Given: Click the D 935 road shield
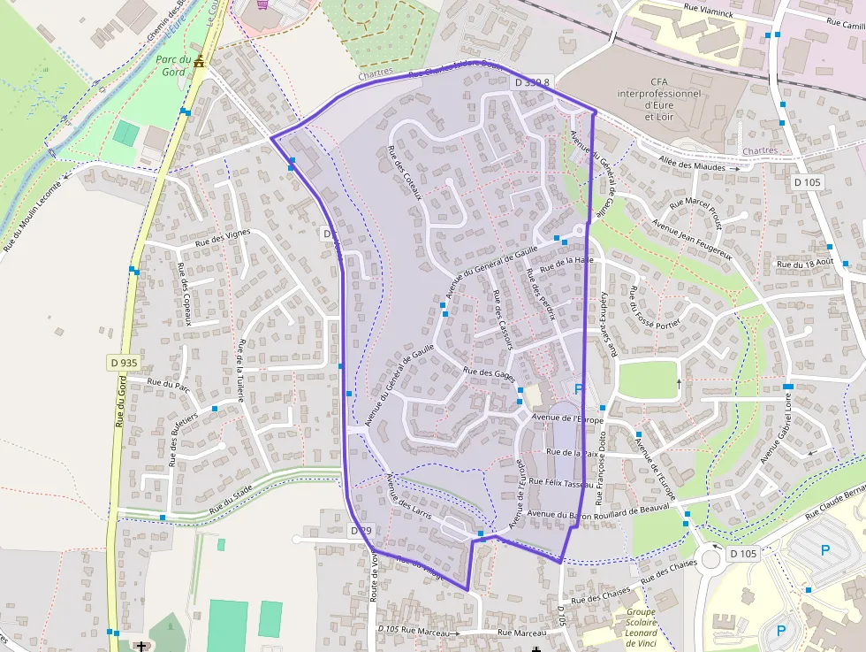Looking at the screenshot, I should pyautogui.click(x=124, y=363).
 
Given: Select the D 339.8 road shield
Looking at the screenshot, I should pyautogui.click(x=532, y=82).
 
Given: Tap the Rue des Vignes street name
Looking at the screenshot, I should pyautogui.click(x=223, y=236).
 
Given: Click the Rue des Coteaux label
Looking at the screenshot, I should pyautogui.click(x=407, y=173).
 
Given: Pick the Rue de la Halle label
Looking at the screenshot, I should pyautogui.click(x=566, y=260).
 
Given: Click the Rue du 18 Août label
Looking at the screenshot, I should pyautogui.click(x=804, y=264).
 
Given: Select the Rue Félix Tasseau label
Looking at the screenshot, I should pyautogui.click(x=562, y=483).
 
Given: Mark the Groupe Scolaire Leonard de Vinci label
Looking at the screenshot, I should pyautogui.click(x=641, y=626).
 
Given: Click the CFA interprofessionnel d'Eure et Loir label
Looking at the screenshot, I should pyautogui.click(x=659, y=99).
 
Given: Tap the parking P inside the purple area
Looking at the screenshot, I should pyautogui.click(x=580, y=388).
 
